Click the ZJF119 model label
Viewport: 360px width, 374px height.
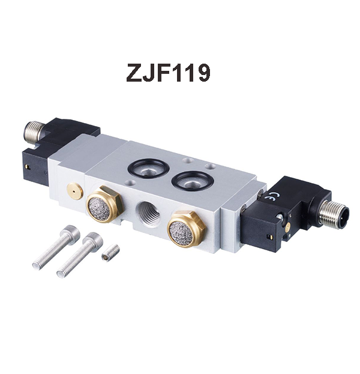pos(169,73)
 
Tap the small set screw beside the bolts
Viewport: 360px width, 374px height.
pos(110,253)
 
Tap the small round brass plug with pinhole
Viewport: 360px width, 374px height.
pos(74,191)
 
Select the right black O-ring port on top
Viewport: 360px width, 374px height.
pos(191,181)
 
